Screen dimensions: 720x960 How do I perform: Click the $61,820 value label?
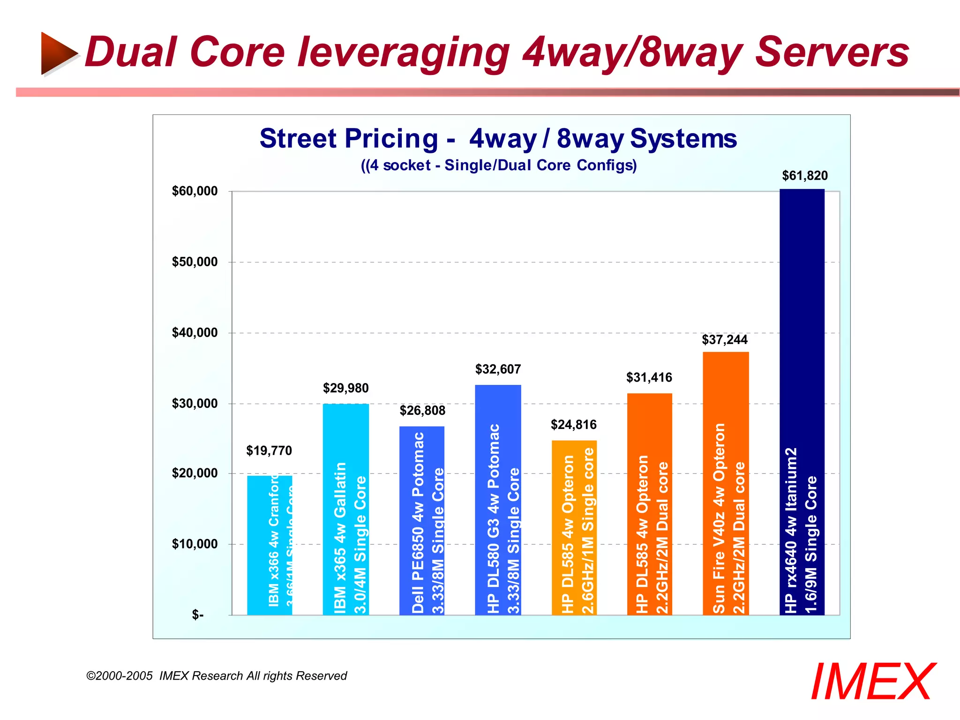pyautogui.click(x=805, y=176)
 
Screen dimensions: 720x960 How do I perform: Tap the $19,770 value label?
pyautogui.click(x=269, y=451)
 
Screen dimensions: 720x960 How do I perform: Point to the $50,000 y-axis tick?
pyautogui.click(x=195, y=262)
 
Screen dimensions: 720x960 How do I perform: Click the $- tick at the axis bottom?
pyautogui.click(x=198, y=615)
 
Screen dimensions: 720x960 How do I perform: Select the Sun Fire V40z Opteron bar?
pyautogui.click(x=726, y=483)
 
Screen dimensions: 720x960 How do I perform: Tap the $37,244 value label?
pyautogui.click(x=725, y=340)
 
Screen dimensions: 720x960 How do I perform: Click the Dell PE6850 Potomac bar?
pyautogui.click(x=421, y=520)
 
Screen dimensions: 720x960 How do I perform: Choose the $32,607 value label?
pyautogui.click(x=498, y=369)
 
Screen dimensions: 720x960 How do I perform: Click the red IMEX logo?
pyautogui.click(x=872, y=682)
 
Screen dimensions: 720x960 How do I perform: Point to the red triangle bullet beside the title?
pyautogui.click(x=58, y=53)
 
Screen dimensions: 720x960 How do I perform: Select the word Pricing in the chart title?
pyautogui.click(x=391, y=139)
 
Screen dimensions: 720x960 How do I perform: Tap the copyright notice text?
pyautogui.click(x=217, y=676)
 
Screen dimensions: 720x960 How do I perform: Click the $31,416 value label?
pyautogui.click(x=649, y=378)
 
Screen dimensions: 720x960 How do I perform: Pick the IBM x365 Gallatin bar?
pyautogui.click(x=345, y=509)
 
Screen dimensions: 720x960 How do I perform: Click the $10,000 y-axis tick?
pyautogui.click(x=195, y=544)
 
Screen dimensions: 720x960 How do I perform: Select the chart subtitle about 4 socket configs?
pyautogui.click(x=499, y=165)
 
